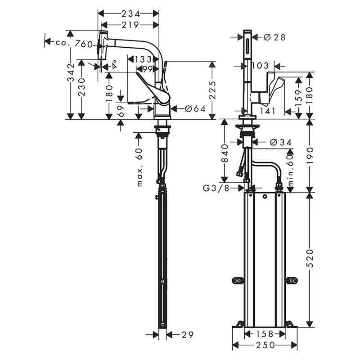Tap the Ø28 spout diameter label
274,37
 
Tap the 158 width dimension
264,334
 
